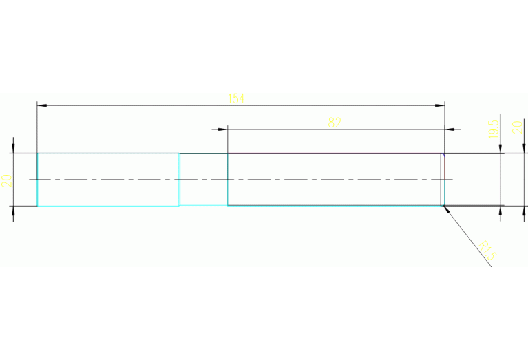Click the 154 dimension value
pyautogui.click(x=236, y=98)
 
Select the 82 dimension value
pyautogui.click(x=335, y=123)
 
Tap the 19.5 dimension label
pyautogui.click(x=492, y=129)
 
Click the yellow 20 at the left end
pyautogui.click(x=6, y=180)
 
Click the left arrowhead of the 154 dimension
pyautogui.click(x=41, y=105)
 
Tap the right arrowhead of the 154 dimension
pyautogui.click(x=441, y=105)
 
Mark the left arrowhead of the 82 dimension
pyautogui.click(x=223, y=129)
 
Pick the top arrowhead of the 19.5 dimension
pyautogui.click(x=501, y=149)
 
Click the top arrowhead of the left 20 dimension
pyautogui.click(x=13, y=149)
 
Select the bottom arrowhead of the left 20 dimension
pyautogui.click(x=13, y=210)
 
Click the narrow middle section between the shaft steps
pyautogui.click(x=203, y=180)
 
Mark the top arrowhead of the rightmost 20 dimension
pyautogui.click(x=525, y=149)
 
